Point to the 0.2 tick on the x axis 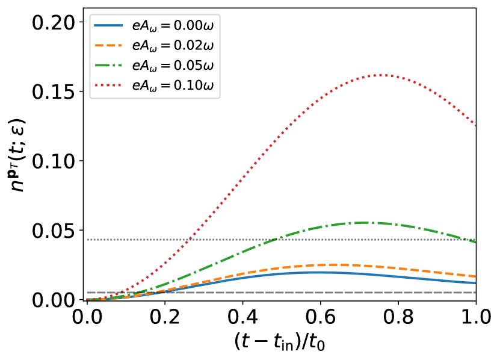[x=165, y=315]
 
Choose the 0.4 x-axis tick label [x=242, y=315]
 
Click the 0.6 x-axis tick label [x=321, y=315]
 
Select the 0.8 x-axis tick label [x=398, y=315]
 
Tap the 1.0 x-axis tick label [x=475, y=315]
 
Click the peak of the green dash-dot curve [x=363, y=223]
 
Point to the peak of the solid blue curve [x=317, y=272]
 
